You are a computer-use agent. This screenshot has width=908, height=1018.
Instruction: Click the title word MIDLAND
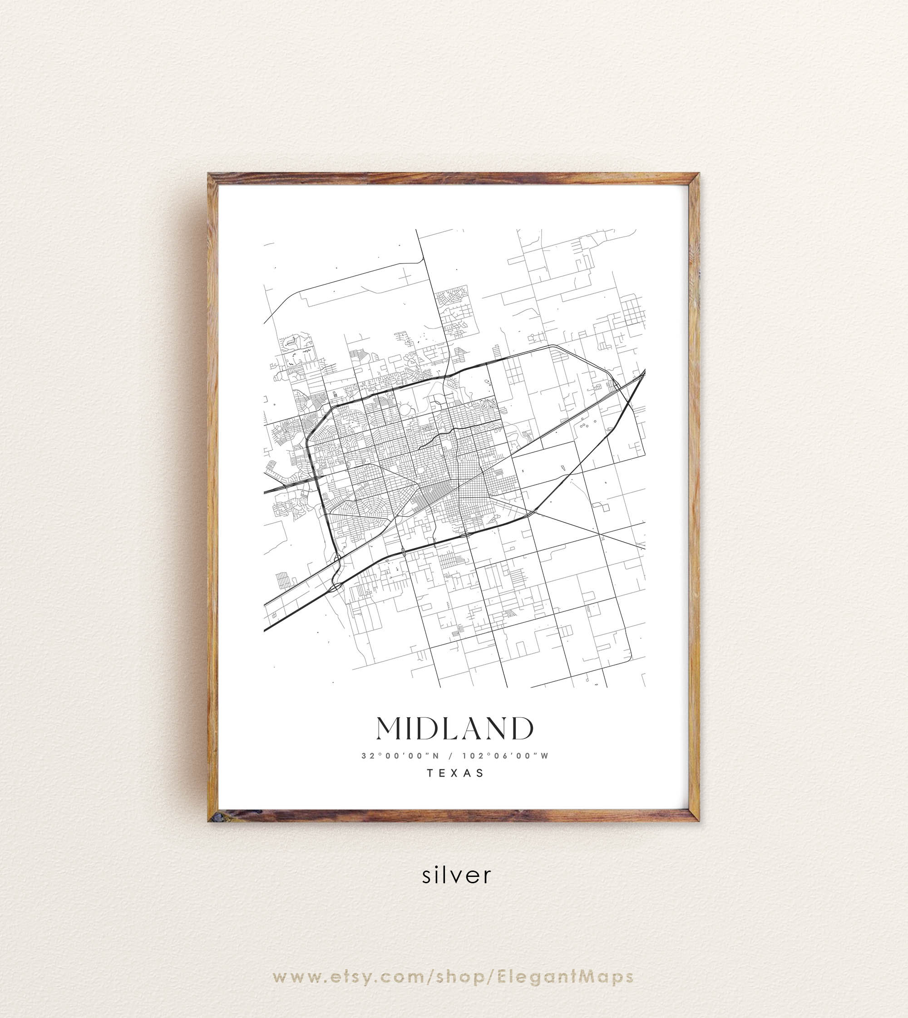(454, 729)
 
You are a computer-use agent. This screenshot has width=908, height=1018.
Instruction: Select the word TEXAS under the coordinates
(455, 773)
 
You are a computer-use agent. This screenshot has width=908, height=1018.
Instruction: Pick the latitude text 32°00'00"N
(400, 756)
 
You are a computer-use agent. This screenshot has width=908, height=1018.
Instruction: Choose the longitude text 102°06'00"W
(505, 756)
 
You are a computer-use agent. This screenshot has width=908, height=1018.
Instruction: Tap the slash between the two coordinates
(450, 756)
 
